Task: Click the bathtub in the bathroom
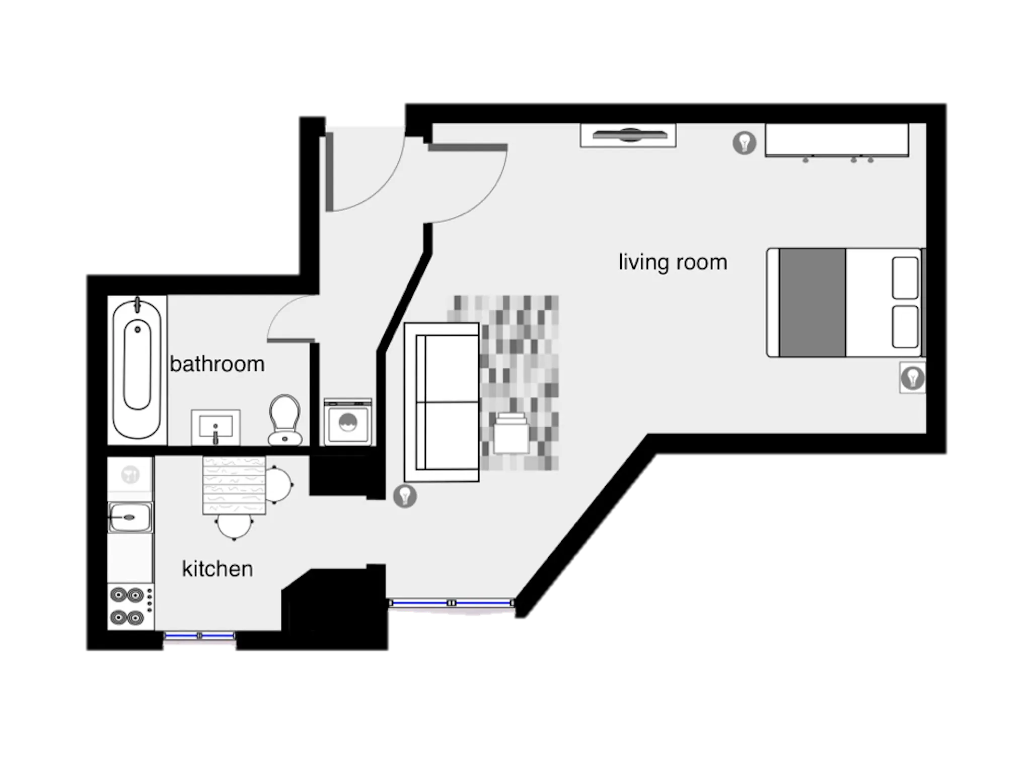click(137, 369)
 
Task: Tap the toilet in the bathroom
click(285, 420)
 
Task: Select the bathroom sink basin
click(215, 427)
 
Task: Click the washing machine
click(348, 422)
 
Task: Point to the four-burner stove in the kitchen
click(130, 606)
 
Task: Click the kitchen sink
click(130, 517)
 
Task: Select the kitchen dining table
click(234, 485)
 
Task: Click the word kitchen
click(217, 569)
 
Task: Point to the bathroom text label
click(217, 364)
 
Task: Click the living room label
click(673, 262)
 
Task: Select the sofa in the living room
click(441, 402)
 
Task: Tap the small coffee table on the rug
click(511, 433)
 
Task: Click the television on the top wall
click(628, 135)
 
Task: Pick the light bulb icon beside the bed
click(912, 377)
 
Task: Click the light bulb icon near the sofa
click(405, 496)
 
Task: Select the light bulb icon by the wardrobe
click(745, 142)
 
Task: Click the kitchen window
click(199, 636)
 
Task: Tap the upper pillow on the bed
click(905, 278)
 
